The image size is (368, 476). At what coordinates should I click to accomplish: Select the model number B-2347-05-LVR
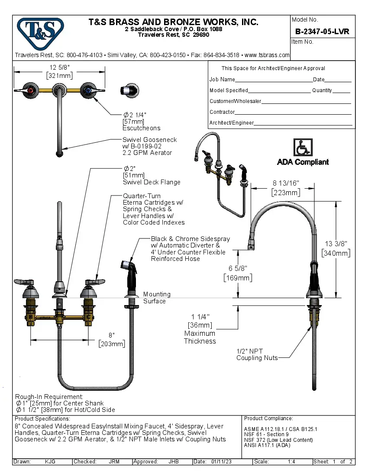pos(322,32)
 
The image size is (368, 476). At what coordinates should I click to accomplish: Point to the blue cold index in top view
pos(89,90)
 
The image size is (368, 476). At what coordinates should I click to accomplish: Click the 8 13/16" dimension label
pos(285,183)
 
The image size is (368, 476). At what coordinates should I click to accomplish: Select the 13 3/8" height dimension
pos(336,244)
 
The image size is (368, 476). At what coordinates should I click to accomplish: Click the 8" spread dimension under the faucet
pos(111,335)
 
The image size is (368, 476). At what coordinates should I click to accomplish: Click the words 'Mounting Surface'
pos(156,298)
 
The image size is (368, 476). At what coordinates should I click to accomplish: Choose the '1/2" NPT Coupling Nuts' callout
pos(256,354)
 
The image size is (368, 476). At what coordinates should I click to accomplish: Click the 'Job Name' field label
pos(222,80)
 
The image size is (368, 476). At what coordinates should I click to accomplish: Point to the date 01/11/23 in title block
pos(221,462)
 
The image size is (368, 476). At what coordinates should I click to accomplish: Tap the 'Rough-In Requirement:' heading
pos(49,396)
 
